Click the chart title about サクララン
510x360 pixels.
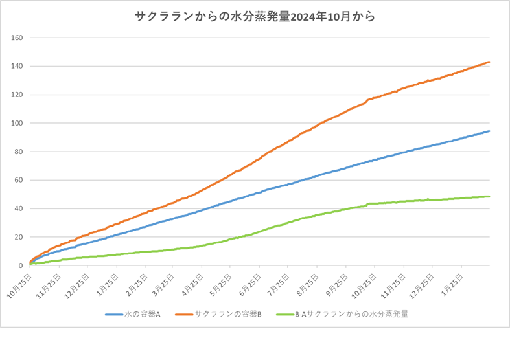255,17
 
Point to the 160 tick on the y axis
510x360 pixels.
17,38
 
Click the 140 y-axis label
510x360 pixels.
17,66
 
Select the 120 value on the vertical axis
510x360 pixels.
17,95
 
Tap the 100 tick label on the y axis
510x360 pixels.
17,123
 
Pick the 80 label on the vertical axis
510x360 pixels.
19,152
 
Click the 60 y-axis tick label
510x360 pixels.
19,180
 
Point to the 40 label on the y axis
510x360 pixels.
19,208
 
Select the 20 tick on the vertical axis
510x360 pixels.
19,237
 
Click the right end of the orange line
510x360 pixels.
489,62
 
